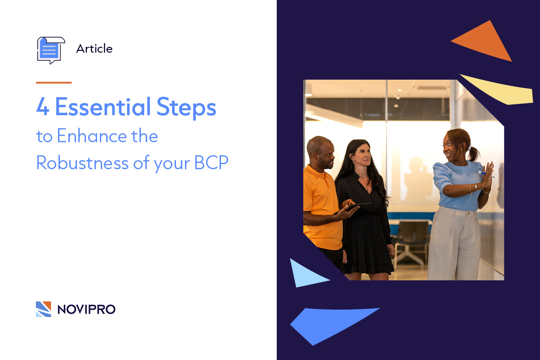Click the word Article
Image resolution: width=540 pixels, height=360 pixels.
(94, 49)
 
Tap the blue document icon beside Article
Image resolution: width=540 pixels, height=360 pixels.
(50, 49)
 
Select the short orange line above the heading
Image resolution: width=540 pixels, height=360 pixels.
(54, 83)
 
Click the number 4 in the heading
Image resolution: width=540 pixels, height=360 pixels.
(42, 108)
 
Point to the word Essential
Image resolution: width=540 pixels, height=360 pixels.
(103, 108)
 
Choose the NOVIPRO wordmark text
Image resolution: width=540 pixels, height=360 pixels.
(86, 309)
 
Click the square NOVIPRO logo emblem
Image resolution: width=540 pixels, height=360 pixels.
(44, 309)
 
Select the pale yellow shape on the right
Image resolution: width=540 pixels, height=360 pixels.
(499, 90)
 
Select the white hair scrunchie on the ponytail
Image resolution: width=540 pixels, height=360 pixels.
(470, 148)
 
